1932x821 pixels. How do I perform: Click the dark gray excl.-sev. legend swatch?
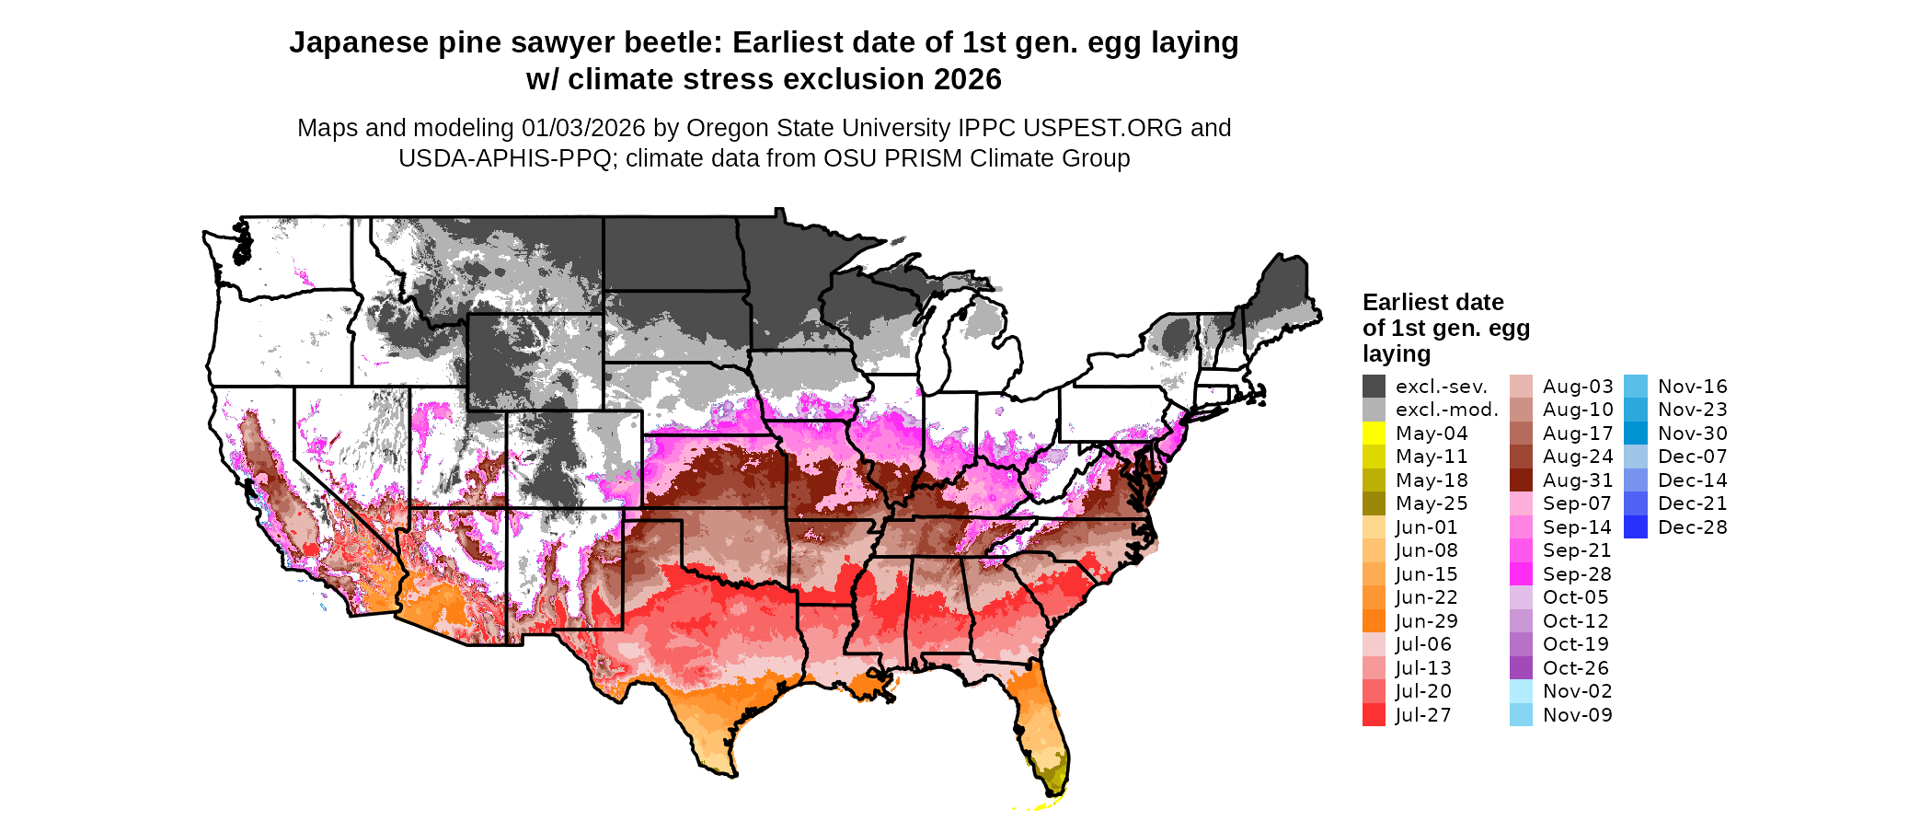[x=1374, y=387]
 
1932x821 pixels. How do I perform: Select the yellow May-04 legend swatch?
[x=1374, y=434]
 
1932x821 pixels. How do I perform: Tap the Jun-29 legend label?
[x=1426, y=621]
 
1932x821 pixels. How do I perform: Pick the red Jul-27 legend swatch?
[x=1374, y=715]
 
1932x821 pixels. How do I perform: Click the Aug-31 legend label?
[x=1578, y=480]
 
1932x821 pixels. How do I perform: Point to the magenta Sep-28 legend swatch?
[x=1521, y=574]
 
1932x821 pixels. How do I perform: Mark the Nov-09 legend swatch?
[x=1521, y=715]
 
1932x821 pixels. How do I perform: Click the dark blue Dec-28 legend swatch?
[x=1636, y=527]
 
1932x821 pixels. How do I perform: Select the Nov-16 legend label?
[x=1693, y=387]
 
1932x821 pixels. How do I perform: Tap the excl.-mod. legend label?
[x=1447, y=410]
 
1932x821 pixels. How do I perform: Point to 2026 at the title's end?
[x=967, y=80]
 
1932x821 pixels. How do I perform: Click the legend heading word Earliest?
[x=1405, y=303]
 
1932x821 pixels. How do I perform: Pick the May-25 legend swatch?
[x=1374, y=503]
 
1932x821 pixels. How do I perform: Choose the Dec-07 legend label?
[x=1693, y=457]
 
